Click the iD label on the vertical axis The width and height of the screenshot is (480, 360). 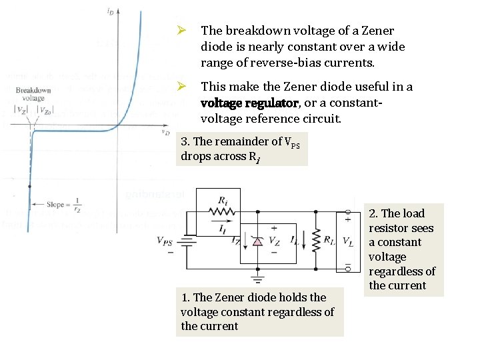point(109,11)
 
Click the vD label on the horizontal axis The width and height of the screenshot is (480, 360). point(166,133)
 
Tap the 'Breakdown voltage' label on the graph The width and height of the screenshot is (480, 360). point(33,94)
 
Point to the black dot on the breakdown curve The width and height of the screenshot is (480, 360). point(29,187)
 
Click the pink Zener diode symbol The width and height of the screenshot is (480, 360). point(257,241)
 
